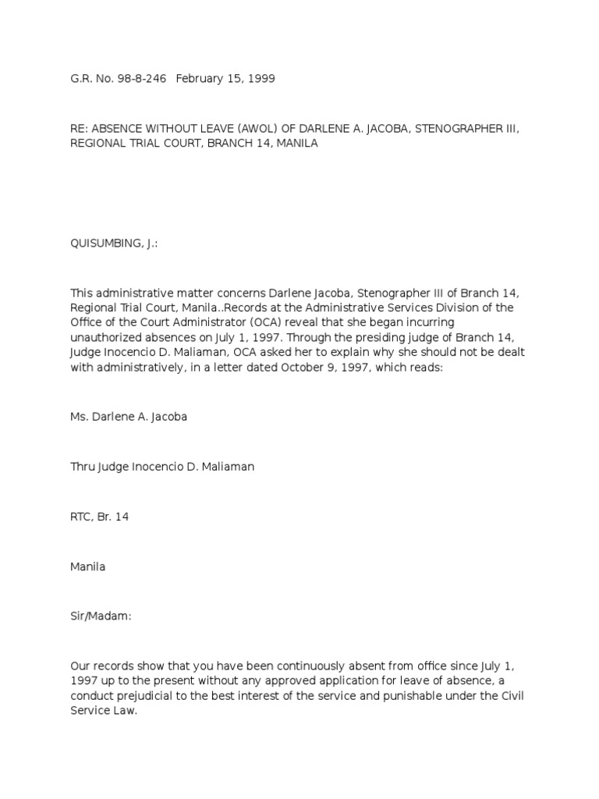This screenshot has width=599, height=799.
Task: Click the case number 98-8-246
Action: coord(140,79)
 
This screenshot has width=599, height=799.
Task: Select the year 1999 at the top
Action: coord(261,79)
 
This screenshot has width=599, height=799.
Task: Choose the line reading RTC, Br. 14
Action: coord(100,517)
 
